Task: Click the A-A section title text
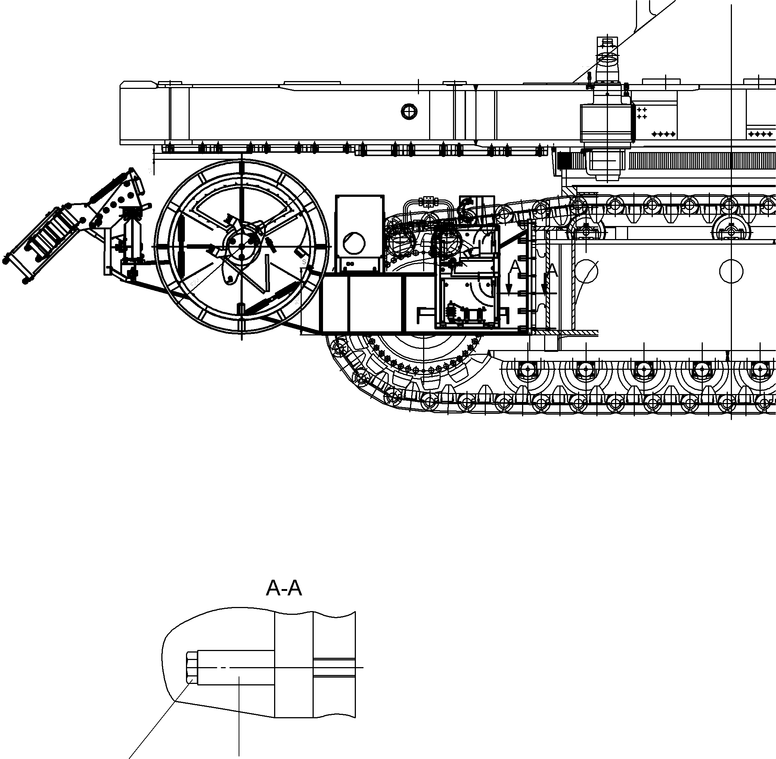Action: (x=283, y=588)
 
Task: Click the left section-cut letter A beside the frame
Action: (x=515, y=267)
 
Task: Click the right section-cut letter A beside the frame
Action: (x=552, y=271)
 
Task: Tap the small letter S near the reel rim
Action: (x=304, y=262)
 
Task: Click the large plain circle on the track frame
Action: (x=731, y=272)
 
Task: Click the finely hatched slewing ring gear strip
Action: (x=701, y=161)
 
